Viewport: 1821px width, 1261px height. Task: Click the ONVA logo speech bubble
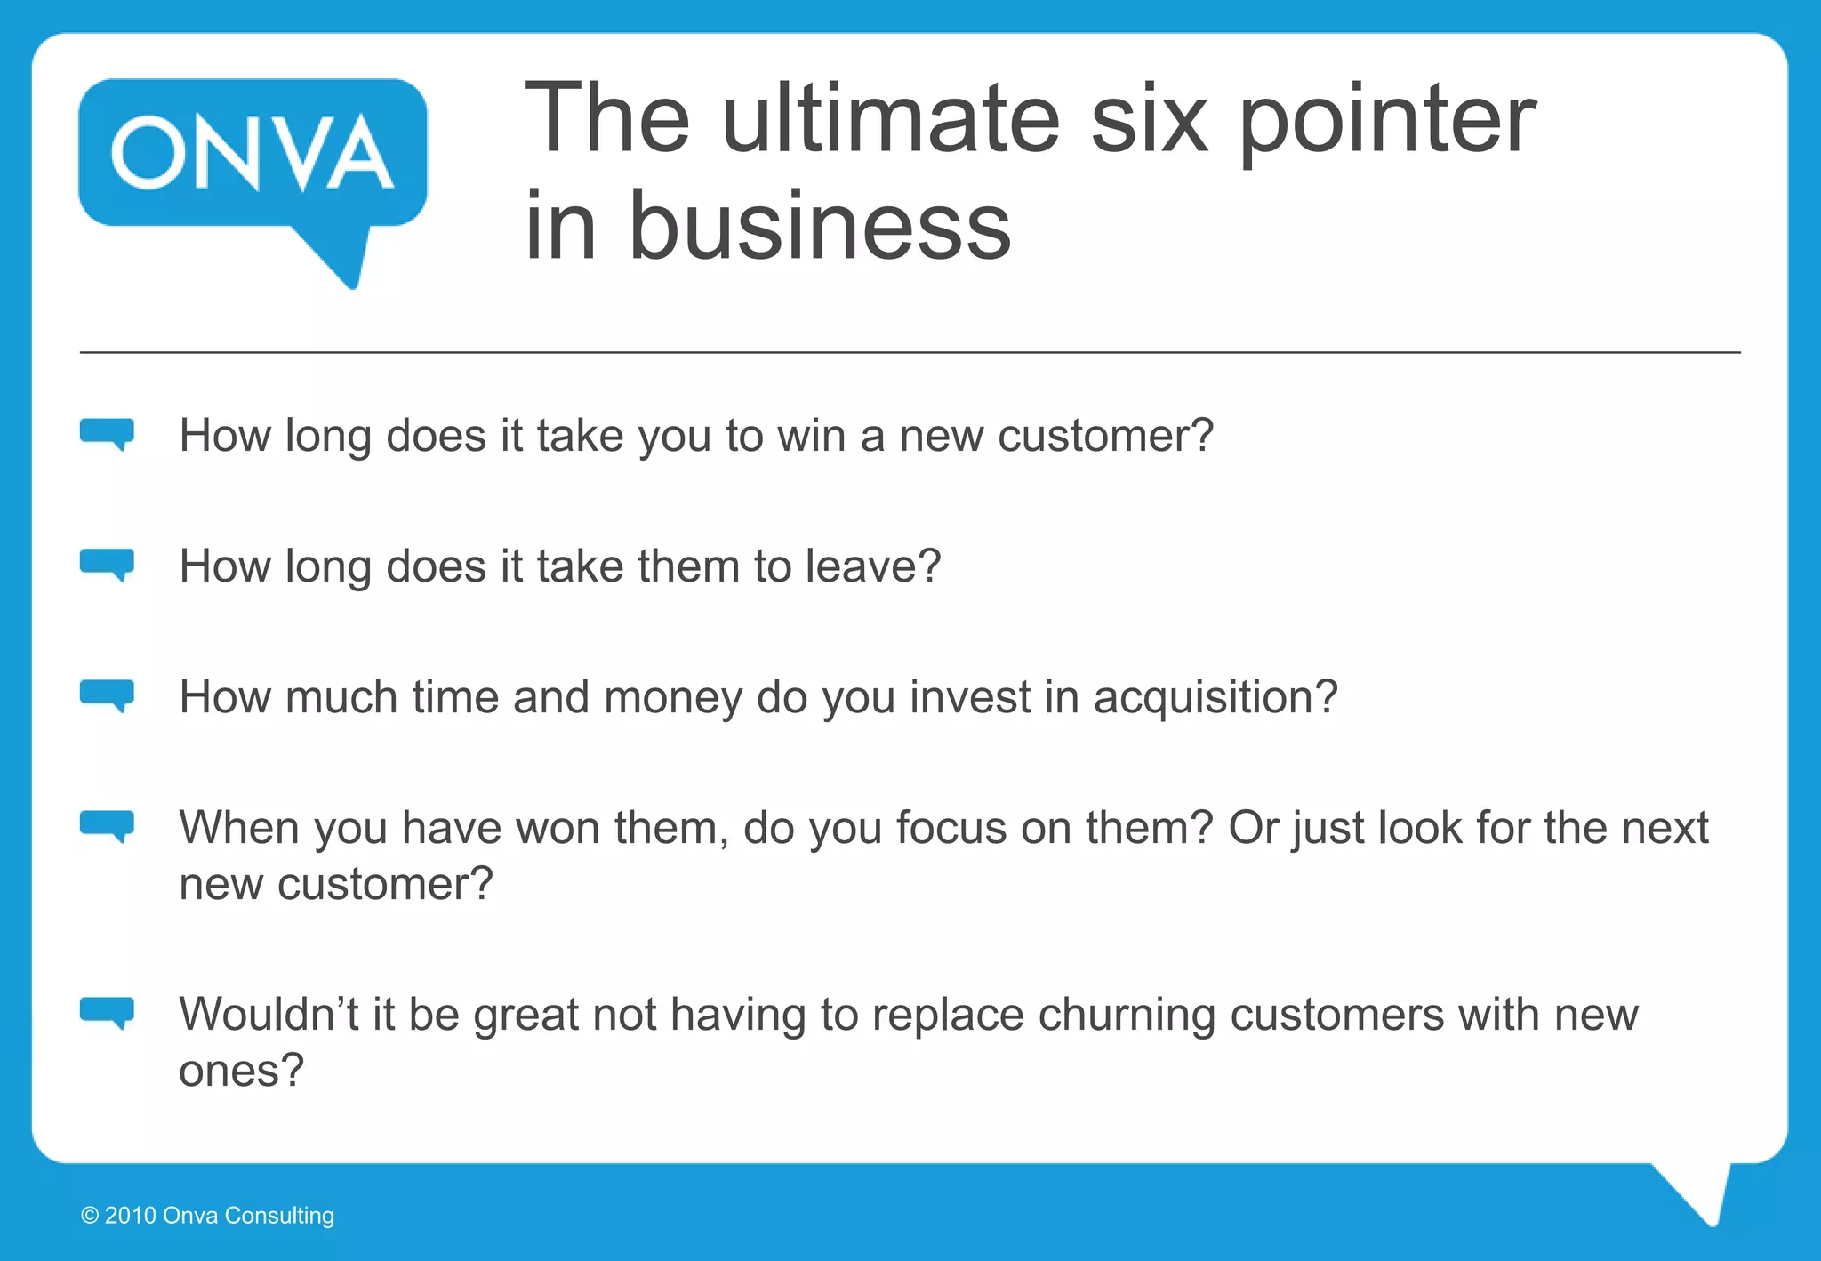pos(253,156)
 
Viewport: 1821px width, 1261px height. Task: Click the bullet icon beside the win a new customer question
pos(107,433)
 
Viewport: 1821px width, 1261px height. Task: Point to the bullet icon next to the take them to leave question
pos(107,564)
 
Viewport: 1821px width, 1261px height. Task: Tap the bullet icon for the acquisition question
pos(107,695)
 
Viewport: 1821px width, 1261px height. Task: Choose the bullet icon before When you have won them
pos(107,825)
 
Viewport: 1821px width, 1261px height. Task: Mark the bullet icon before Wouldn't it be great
pos(107,1012)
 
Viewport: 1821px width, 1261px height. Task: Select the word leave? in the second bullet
pos(872,566)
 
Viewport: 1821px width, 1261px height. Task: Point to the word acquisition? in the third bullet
pos(1215,698)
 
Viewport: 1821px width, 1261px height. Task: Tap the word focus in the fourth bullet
pos(951,828)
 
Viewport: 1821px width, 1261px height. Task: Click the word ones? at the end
pos(241,1071)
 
